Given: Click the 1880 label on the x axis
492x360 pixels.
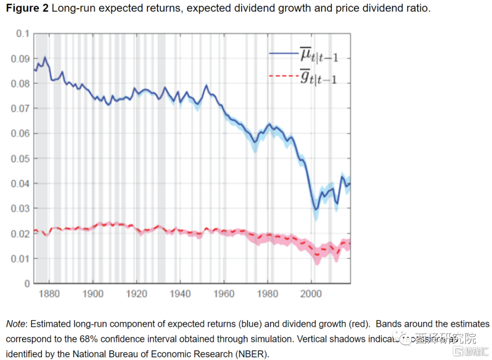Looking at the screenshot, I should pyautogui.click(x=49, y=293).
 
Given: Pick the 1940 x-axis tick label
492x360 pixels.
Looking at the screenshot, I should pyautogui.click(x=180, y=293).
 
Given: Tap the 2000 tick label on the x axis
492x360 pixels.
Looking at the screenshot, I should pyautogui.click(x=311, y=293).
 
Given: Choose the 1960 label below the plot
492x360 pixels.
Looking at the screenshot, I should pyautogui.click(x=224, y=293).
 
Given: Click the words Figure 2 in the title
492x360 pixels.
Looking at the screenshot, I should pyautogui.click(x=26, y=9).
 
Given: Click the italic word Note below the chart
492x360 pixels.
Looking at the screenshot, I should pyautogui.click(x=15, y=324).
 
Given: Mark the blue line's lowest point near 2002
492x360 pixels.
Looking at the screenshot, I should pyautogui.click(x=315, y=209).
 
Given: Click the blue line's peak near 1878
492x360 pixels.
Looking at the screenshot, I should pyautogui.click(x=45, y=57).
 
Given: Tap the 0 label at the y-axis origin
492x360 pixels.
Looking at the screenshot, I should pyautogui.click(x=27, y=283).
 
